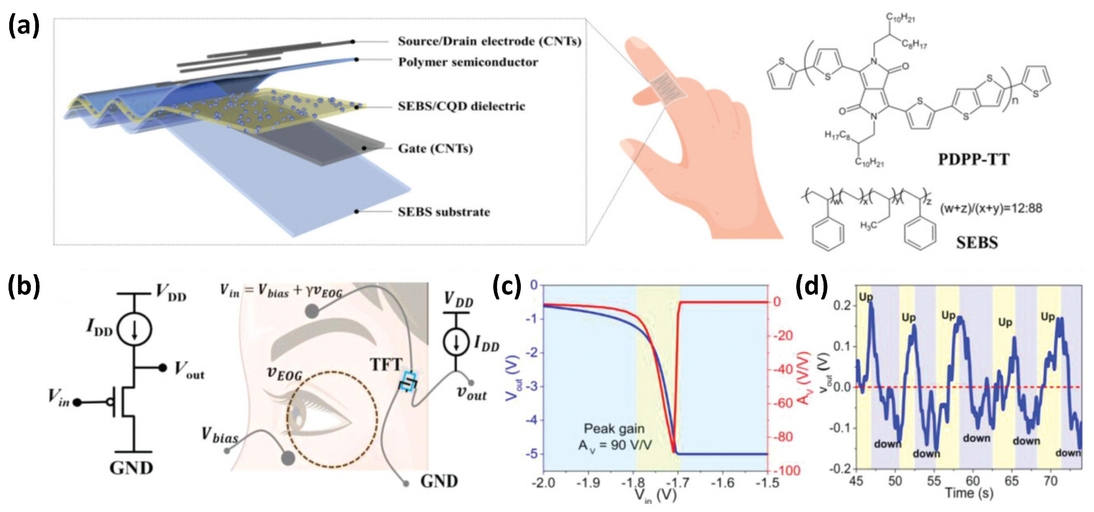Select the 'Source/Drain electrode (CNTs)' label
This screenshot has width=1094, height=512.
(489, 41)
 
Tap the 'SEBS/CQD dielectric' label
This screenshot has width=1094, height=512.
(461, 106)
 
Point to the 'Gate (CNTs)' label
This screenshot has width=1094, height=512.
(435, 149)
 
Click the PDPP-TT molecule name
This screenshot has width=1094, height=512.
(973, 159)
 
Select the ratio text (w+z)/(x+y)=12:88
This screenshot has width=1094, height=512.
(990, 208)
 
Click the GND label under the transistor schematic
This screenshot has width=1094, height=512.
(131, 468)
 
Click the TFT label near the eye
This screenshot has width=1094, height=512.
(386, 365)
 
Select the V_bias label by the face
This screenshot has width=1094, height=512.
(220, 435)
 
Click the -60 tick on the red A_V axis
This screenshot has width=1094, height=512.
(783, 403)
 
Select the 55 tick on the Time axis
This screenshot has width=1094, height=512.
(934, 481)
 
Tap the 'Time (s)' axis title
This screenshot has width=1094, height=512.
(969, 493)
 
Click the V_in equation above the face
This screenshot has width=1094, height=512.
(281, 291)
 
